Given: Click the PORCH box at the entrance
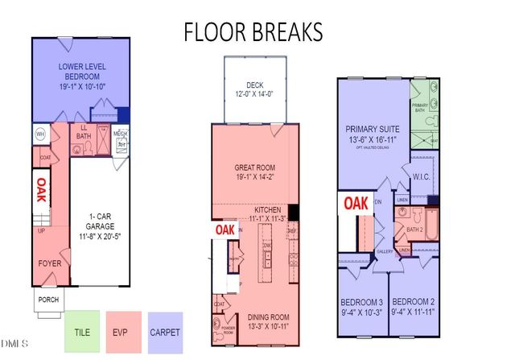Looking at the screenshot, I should (x=47, y=301).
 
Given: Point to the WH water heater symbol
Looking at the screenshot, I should (x=39, y=133).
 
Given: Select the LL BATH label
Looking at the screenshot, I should (x=83, y=131).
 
